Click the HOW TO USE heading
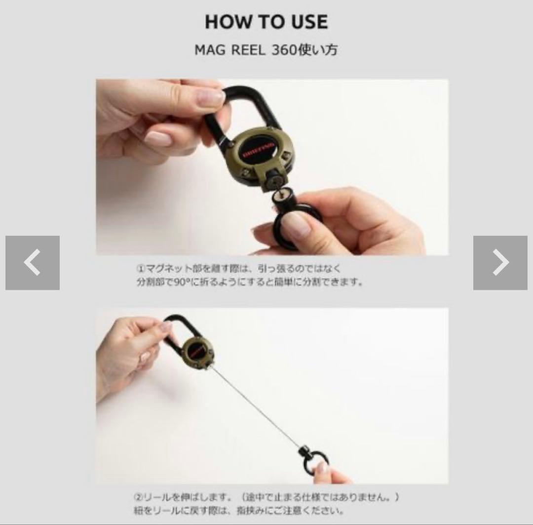point(266,22)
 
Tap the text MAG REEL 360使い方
point(266,50)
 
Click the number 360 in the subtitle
point(283,50)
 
